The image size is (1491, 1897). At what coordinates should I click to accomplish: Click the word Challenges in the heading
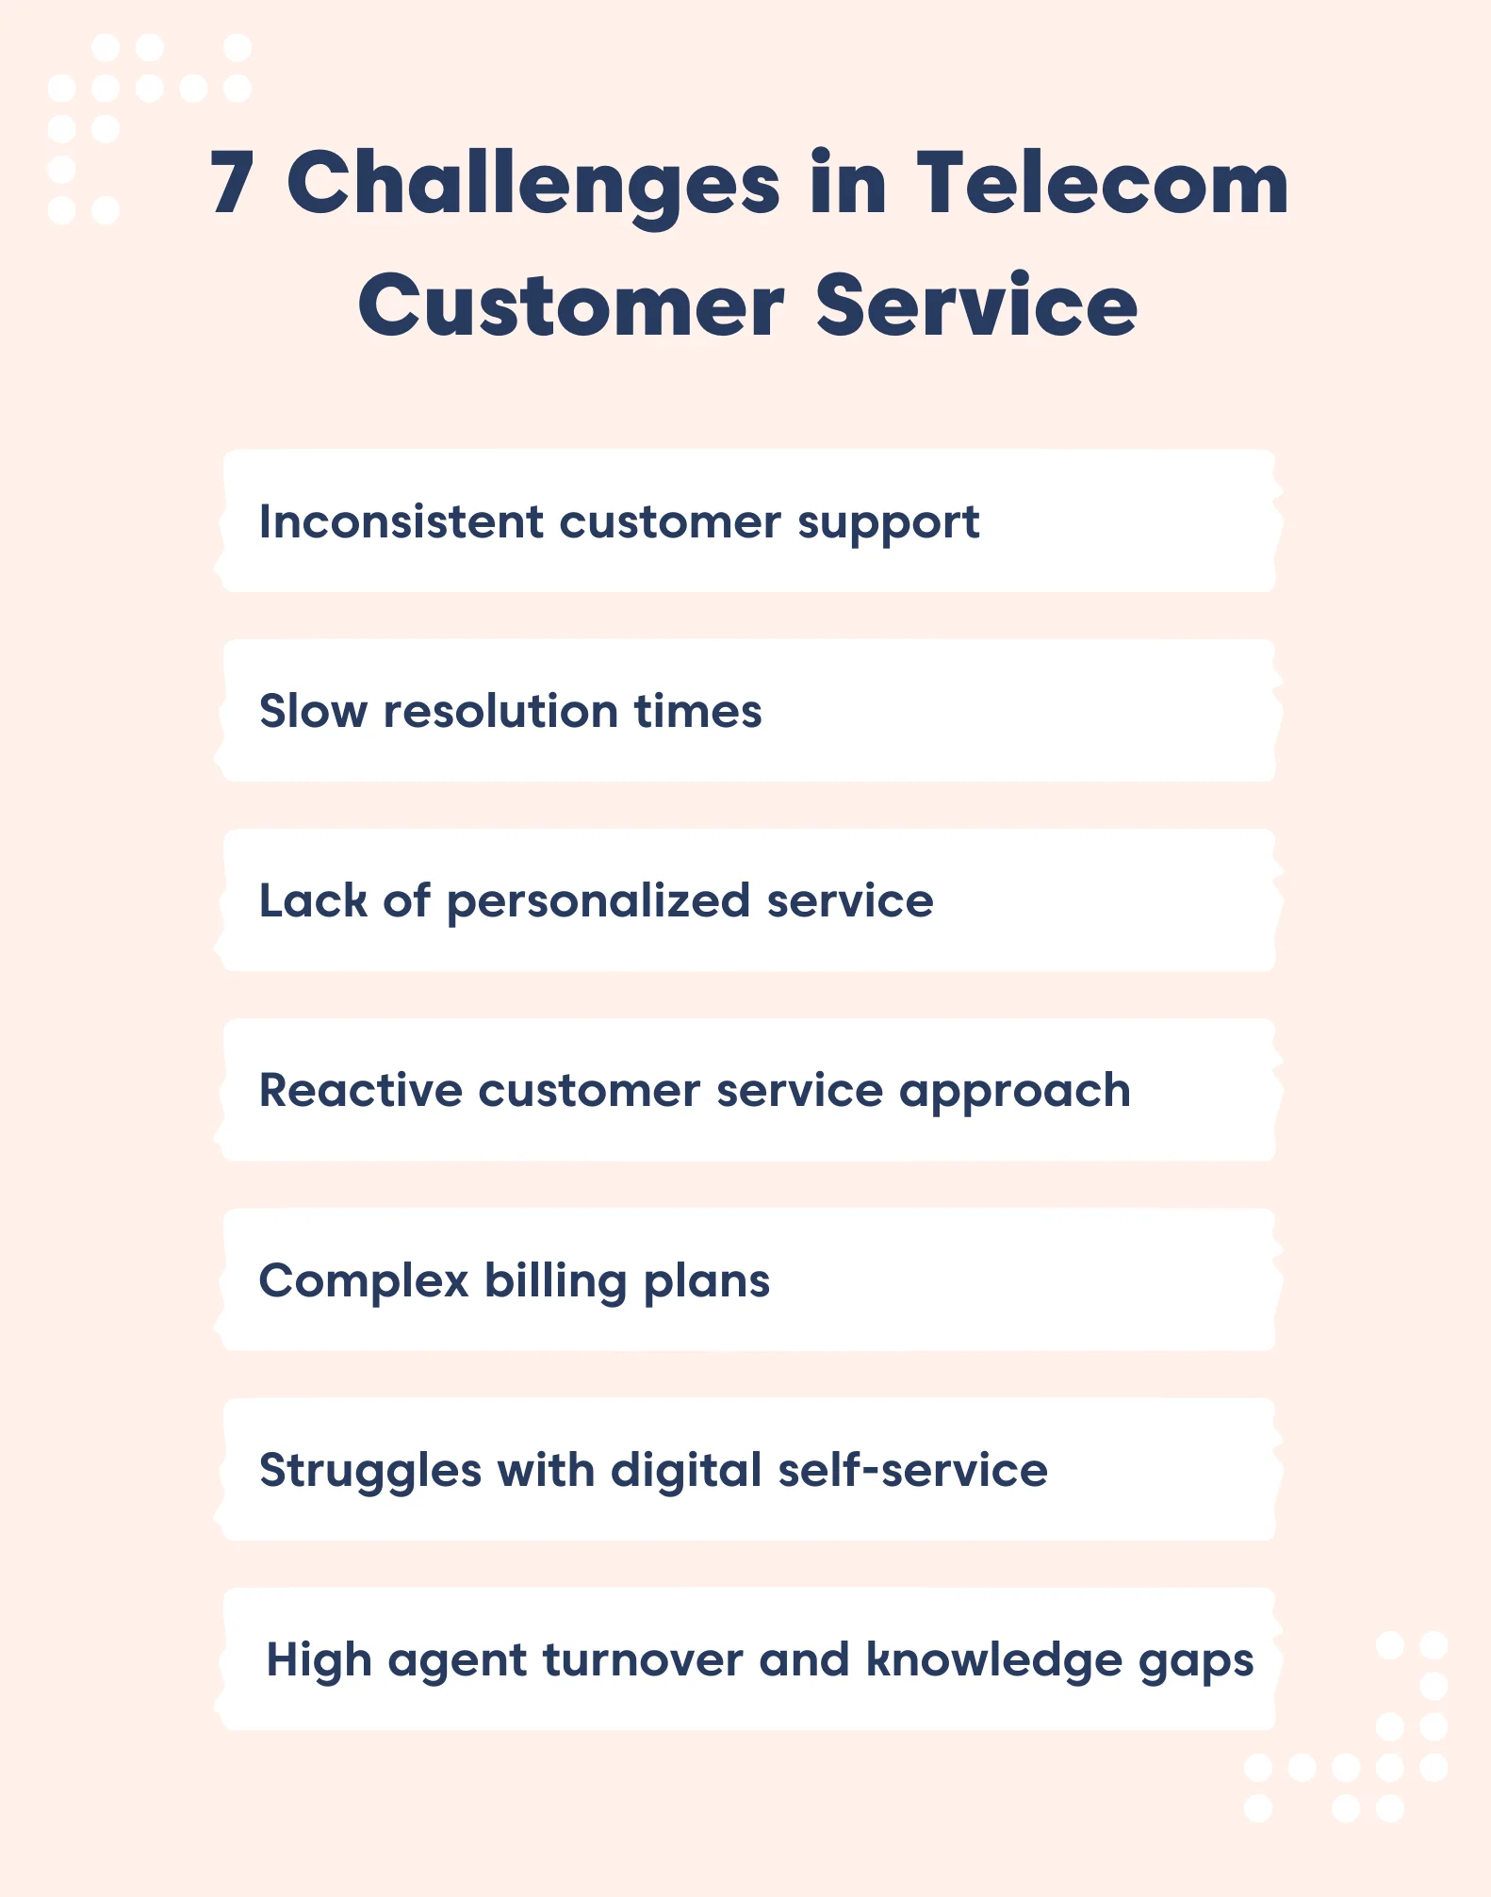click(533, 184)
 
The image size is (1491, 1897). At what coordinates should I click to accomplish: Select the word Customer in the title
click(570, 305)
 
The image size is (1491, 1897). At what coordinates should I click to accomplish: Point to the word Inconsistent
click(401, 521)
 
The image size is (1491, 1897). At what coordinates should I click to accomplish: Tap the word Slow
click(313, 711)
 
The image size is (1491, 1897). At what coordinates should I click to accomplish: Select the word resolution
click(500, 711)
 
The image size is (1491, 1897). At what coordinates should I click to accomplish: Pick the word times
click(697, 711)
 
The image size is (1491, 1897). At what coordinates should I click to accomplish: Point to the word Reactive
click(361, 1090)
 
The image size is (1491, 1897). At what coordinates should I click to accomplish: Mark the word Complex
click(364, 1281)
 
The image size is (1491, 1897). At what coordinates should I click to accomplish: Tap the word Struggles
click(370, 1471)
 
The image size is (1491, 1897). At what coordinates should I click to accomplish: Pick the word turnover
click(643, 1659)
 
